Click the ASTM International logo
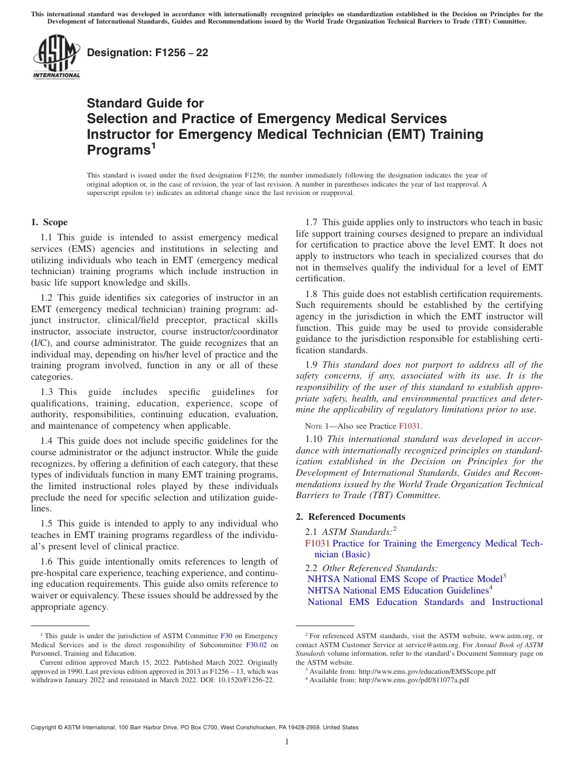pyautogui.click(x=56, y=57)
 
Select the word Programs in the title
pyautogui.click(x=118, y=150)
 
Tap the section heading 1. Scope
pyautogui.click(x=50, y=222)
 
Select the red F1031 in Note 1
pyautogui.click(x=410, y=426)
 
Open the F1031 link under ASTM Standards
pyautogui.click(x=318, y=543)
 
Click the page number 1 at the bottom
pyautogui.click(x=287, y=742)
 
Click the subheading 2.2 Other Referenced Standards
pyautogui.click(x=371, y=568)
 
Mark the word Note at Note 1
pyautogui.click(x=315, y=426)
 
